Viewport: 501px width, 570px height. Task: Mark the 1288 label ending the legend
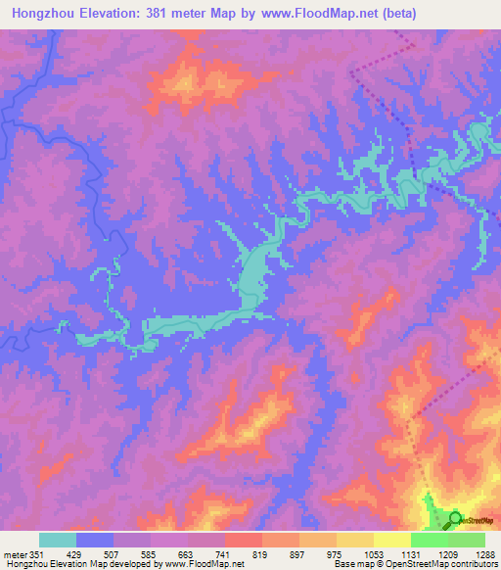point(485,554)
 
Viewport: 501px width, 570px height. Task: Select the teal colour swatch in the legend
point(58,540)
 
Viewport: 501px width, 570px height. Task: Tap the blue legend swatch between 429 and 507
point(95,540)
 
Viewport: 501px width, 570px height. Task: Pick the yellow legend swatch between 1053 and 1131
point(392,540)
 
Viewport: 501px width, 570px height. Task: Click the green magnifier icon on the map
point(453,520)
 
